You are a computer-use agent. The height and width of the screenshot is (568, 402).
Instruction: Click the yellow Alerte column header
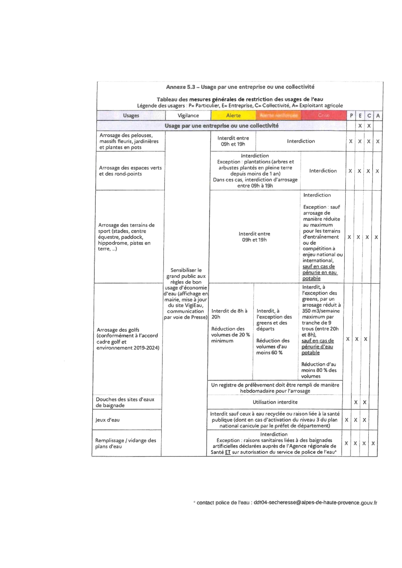[233, 116]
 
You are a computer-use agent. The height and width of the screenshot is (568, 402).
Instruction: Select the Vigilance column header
[188, 116]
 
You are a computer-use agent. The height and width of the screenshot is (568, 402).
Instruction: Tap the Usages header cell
[131, 116]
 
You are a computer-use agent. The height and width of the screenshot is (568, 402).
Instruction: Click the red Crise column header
[324, 116]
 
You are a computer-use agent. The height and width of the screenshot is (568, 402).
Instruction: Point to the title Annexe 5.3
[240, 87]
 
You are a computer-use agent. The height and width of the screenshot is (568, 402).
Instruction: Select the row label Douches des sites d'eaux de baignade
[125, 402]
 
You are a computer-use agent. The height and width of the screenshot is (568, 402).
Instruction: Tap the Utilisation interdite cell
[275, 402]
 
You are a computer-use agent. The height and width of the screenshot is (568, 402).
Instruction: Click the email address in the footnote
[315, 503]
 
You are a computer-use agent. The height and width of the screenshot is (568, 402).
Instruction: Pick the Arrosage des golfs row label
[127, 339]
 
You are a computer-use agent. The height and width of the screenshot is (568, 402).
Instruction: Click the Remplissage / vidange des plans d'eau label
[125, 443]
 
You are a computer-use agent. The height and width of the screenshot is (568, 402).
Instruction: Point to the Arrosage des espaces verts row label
[130, 171]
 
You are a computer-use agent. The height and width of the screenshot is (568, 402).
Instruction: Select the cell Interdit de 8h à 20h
[230, 314]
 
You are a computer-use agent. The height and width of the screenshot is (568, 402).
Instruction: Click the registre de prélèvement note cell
[275, 388]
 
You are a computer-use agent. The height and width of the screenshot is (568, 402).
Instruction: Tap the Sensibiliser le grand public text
[186, 293]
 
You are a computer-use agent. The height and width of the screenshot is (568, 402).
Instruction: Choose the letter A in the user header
[378, 116]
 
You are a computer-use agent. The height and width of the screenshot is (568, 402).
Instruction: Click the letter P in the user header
[351, 116]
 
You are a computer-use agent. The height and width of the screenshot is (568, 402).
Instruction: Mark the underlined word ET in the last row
[228, 452]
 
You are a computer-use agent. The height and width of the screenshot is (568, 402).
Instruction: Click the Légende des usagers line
[240, 106]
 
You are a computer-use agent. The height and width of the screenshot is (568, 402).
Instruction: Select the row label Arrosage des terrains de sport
[126, 237]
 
